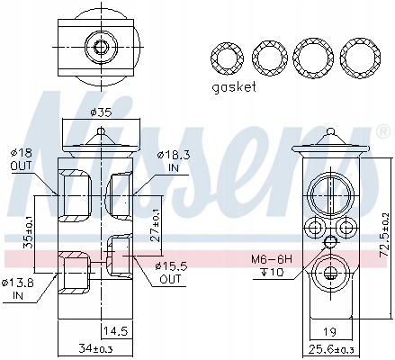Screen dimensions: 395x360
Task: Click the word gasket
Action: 234,87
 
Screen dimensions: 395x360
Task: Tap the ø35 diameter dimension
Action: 101,112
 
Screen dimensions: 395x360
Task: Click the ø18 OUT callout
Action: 21,159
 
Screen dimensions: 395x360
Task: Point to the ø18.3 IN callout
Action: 174,161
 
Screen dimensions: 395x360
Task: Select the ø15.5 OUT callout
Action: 171,273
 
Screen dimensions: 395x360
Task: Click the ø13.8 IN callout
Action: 18,290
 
